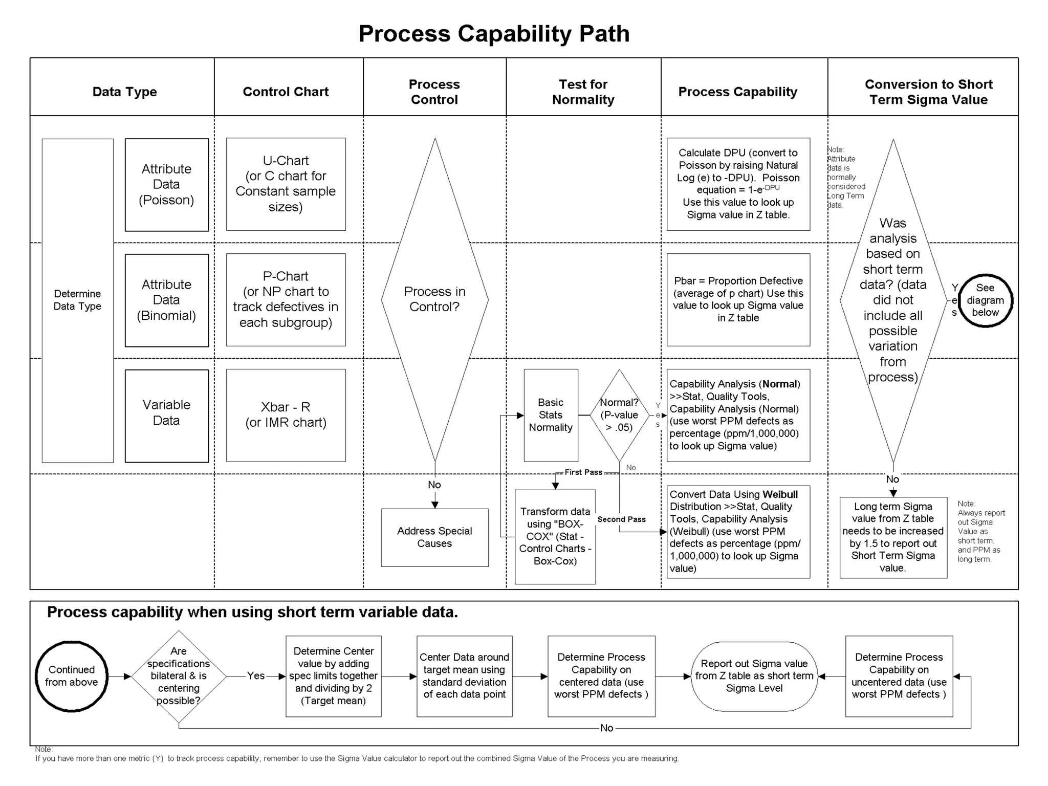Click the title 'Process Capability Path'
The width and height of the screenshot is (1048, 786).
pos(494,34)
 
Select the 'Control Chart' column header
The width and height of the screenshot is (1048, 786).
pos(286,92)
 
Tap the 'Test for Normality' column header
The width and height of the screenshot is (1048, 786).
pos(583,92)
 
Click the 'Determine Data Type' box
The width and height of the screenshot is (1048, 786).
pos(78,300)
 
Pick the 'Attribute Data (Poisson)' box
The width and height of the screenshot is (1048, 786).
pos(167,185)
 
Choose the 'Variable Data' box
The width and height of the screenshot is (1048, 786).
pos(167,416)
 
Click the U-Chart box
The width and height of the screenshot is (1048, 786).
pos(286,184)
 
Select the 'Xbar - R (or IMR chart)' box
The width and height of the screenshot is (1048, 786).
pos(286,415)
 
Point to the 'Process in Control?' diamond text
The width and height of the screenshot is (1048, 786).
pos(434,299)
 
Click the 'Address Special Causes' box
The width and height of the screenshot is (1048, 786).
pos(434,537)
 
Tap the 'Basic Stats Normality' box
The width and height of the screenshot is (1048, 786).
pos(551,415)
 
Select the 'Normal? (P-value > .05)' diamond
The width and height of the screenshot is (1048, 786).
pos(619,415)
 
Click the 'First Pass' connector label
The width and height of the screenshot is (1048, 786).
pos(583,472)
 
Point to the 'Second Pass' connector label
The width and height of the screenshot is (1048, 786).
pos(621,519)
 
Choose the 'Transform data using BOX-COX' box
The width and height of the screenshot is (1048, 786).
pos(555,536)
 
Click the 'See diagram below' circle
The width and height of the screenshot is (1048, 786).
pos(985,300)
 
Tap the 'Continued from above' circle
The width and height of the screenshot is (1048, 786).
pos(72,676)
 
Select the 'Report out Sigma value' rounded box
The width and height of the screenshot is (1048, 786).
pos(754,676)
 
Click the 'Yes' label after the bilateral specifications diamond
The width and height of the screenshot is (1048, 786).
pos(256,676)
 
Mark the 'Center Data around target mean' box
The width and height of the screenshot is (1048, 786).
pos(464,676)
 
